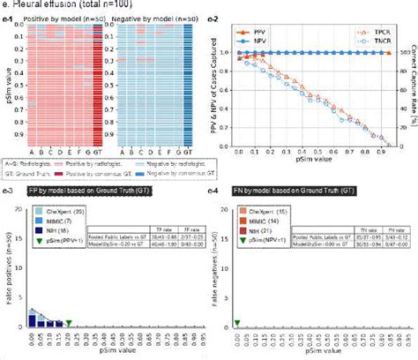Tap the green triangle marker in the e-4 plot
tap(236, 323)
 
